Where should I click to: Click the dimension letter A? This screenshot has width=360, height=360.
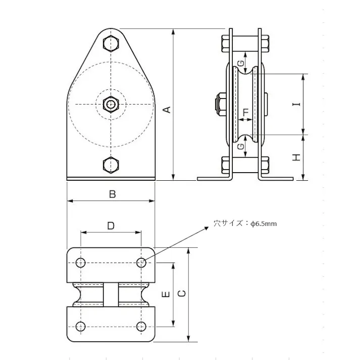pyautogui.click(x=168, y=109)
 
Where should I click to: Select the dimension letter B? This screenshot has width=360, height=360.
pyautogui.click(x=112, y=193)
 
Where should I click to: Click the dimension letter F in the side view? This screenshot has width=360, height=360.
pyautogui.click(x=246, y=112)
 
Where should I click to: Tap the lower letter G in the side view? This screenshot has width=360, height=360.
pyautogui.click(x=240, y=147)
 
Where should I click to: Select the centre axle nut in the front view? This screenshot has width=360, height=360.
pyautogui.click(x=111, y=105)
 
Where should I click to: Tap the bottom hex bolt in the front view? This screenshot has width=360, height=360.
pyautogui.click(x=111, y=165)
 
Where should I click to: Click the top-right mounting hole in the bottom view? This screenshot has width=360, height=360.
pyautogui.click(x=142, y=263)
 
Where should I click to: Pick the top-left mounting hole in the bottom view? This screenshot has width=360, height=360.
pyautogui.click(x=80, y=263)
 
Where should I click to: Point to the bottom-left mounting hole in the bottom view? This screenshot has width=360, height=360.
pyautogui.click(x=80, y=326)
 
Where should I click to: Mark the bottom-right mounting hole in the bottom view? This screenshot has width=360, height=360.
pyautogui.click(x=142, y=326)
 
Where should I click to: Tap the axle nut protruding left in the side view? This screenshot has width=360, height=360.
pyautogui.click(x=217, y=105)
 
